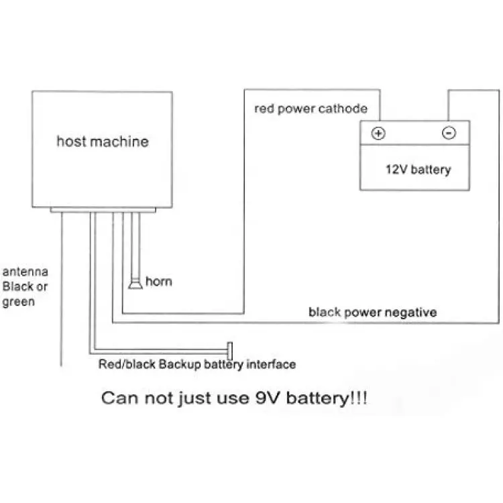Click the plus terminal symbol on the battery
tap(378, 133)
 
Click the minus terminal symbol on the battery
tap(449, 133)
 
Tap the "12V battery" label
tap(418, 170)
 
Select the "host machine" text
tap(103, 141)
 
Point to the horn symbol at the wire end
tap(135, 284)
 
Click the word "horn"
tap(159, 281)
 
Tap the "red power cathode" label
tap(311, 109)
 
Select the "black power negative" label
tap(372, 312)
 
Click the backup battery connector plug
tap(229, 351)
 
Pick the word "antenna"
tap(25, 272)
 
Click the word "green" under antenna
tap(18, 302)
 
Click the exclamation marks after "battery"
tap(358, 398)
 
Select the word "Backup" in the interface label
tap(180, 364)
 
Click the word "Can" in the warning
tap(120, 398)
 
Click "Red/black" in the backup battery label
tap(127, 364)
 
